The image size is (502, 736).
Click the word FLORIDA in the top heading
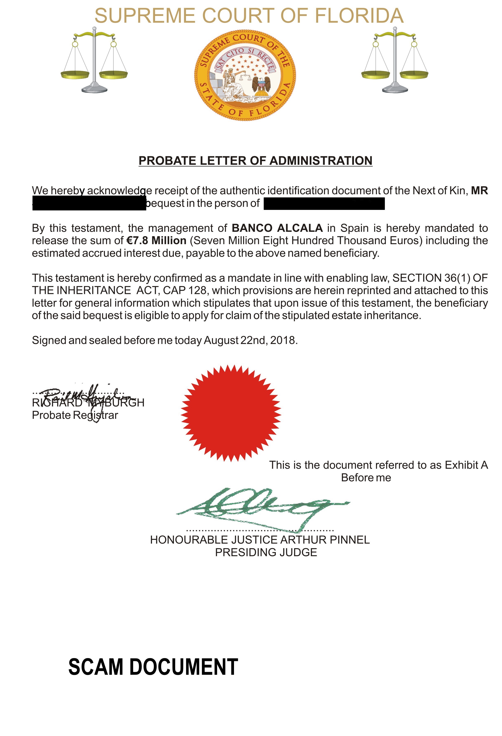359,16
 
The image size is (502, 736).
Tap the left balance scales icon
94,60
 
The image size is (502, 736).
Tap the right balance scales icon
395,60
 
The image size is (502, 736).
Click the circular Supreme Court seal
245,75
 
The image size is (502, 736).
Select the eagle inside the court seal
261,84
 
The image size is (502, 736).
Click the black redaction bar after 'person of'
324,204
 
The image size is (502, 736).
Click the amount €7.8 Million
156,241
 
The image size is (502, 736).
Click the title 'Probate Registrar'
75,415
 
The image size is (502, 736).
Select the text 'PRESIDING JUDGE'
266,552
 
